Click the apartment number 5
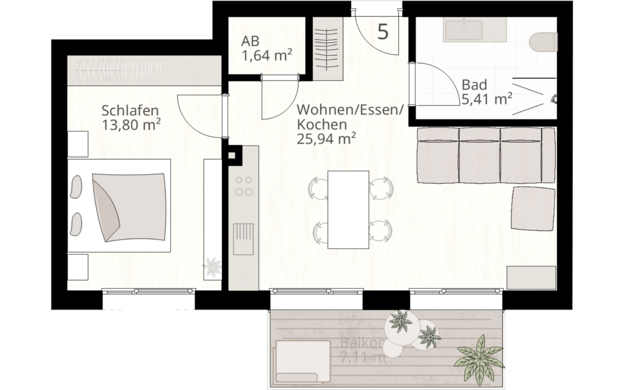click(382, 31)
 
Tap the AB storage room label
click(250, 42)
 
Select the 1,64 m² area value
click(266, 55)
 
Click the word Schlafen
click(130, 110)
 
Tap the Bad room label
click(474, 86)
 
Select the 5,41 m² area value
click(487, 99)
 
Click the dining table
click(348, 209)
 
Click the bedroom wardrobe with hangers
click(144, 71)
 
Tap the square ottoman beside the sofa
click(533, 209)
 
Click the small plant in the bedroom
click(211, 267)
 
